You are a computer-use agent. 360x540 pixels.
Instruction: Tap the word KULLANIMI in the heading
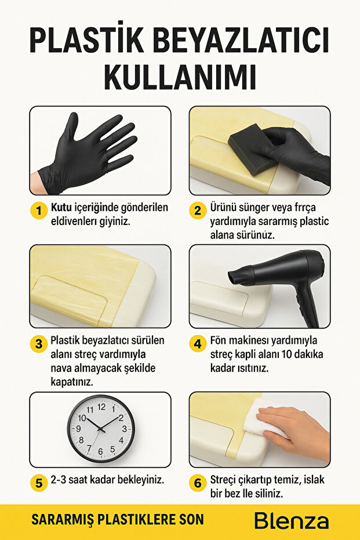click(180, 75)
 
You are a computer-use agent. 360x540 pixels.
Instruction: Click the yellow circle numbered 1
click(39, 211)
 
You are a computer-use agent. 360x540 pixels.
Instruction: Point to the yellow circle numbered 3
click(39, 343)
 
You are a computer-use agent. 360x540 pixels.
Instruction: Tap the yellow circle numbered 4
click(198, 343)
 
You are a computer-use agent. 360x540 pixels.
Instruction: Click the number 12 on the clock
click(101, 407)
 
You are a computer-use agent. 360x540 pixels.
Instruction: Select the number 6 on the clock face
click(101, 451)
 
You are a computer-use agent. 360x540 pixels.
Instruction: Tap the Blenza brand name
click(291, 520)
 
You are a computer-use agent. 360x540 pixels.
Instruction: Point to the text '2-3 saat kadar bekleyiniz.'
click(107, 480)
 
